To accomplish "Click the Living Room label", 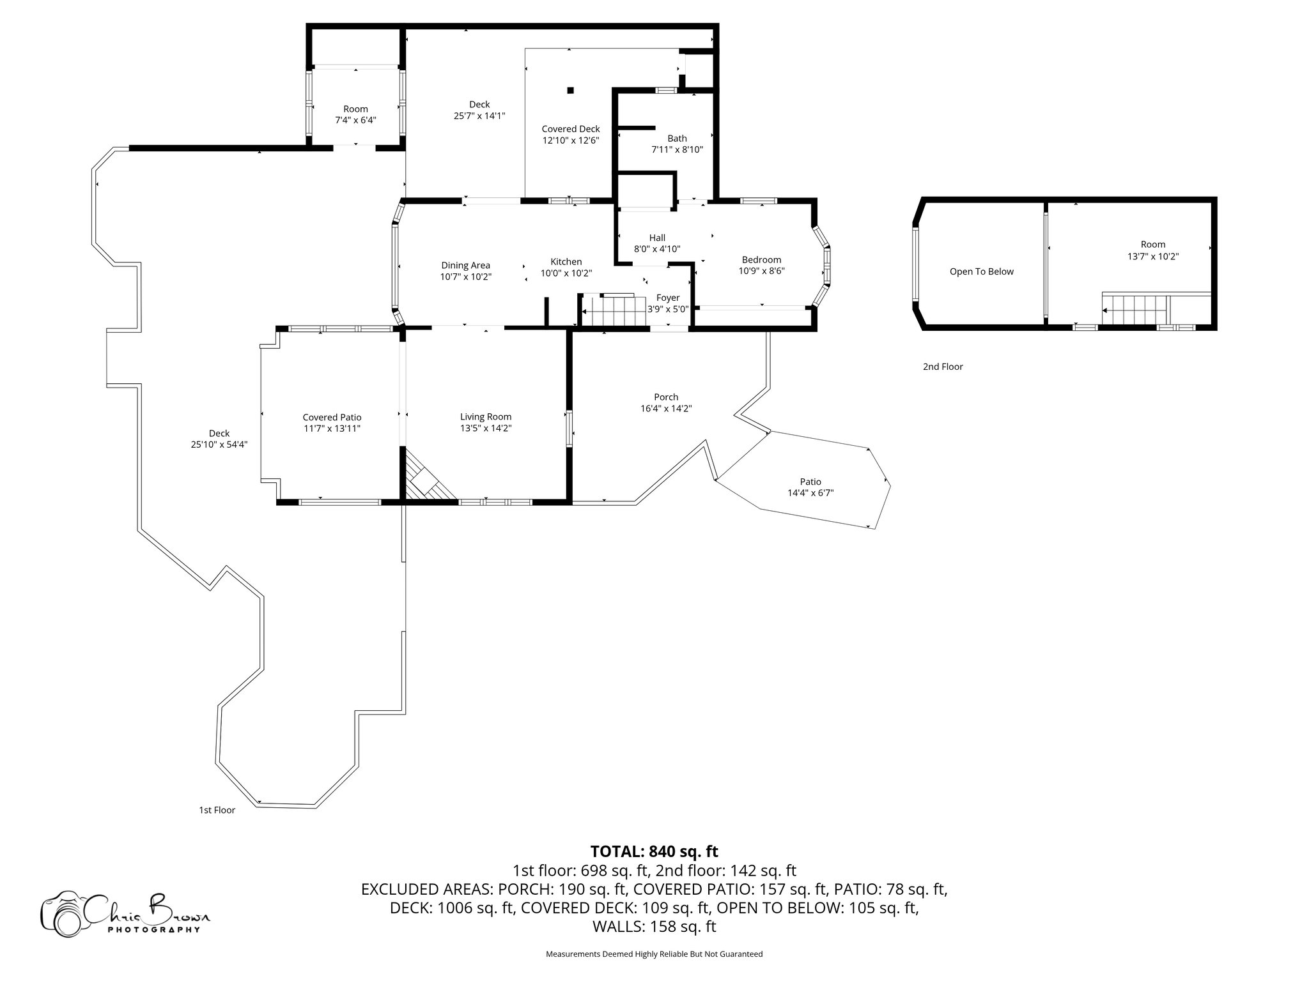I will point(486,417).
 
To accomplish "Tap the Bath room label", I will point(677,139).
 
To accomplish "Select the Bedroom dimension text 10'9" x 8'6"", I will point(761,271).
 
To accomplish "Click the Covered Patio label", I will point(332,418).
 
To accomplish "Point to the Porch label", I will point(666,397).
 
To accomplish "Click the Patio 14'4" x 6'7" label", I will point(810,487).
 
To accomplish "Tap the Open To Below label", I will point(981,271).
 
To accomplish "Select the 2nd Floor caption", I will point(942,367).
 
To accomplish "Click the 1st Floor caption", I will point(217,810).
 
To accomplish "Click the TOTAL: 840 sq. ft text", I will point(654,851).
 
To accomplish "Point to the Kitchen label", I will point(566,262).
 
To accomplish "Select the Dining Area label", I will point(465,266).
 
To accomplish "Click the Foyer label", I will point(668,298).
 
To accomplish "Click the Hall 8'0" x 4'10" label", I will point(657,243).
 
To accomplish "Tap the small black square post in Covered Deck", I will point(571,90).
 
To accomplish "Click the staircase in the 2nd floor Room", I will point(1133,310).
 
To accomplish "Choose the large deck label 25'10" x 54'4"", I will point(219,439).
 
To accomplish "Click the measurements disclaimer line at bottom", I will point(654,954).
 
